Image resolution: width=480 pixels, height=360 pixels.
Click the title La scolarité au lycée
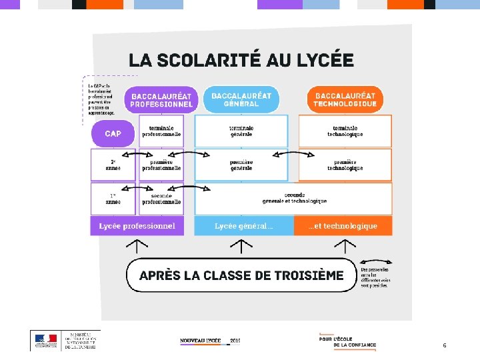[x=241, y=60]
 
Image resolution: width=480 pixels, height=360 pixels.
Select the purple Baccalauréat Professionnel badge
[x=161, y=99]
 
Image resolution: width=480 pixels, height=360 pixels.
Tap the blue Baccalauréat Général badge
[x=241, y=99]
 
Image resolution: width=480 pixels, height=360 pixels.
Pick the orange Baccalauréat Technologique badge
[x=345, y=99]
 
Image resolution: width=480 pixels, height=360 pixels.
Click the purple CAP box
[x=113, y=133]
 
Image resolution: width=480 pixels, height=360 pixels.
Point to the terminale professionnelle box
[x=161, y=131]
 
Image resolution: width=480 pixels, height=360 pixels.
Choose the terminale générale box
[x=241, y=131]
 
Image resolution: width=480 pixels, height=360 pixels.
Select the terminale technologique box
[x=345, y=131]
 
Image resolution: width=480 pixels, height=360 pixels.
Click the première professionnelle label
[x=161, y=165]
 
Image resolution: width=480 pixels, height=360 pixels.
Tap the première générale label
[x=241, y=165]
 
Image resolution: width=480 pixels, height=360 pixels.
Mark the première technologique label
[x=345, y=165]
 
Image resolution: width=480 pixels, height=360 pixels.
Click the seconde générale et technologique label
[x=294, y=198]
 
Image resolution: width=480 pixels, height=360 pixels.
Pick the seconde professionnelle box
[x=161, y=198]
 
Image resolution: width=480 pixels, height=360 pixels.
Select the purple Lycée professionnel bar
[x=137, y=226]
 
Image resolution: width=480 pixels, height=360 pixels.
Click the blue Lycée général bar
[x=243, y=226]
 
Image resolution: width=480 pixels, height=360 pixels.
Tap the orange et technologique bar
[x=343, y=226]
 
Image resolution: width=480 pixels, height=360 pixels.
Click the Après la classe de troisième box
[x=241, y=275]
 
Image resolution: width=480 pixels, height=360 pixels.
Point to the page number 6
[x=445, y=345]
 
